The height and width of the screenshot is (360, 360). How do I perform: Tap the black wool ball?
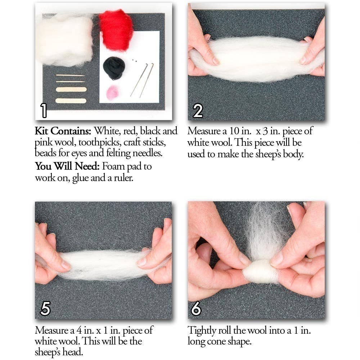114,68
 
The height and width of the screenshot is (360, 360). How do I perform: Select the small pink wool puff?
113,93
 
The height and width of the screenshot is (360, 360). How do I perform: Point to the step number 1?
44,110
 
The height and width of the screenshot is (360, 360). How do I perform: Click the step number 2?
198,110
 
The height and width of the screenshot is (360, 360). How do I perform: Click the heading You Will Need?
67,166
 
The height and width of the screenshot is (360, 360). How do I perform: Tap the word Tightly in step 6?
202,330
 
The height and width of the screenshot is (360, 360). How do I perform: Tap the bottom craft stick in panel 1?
71,101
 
